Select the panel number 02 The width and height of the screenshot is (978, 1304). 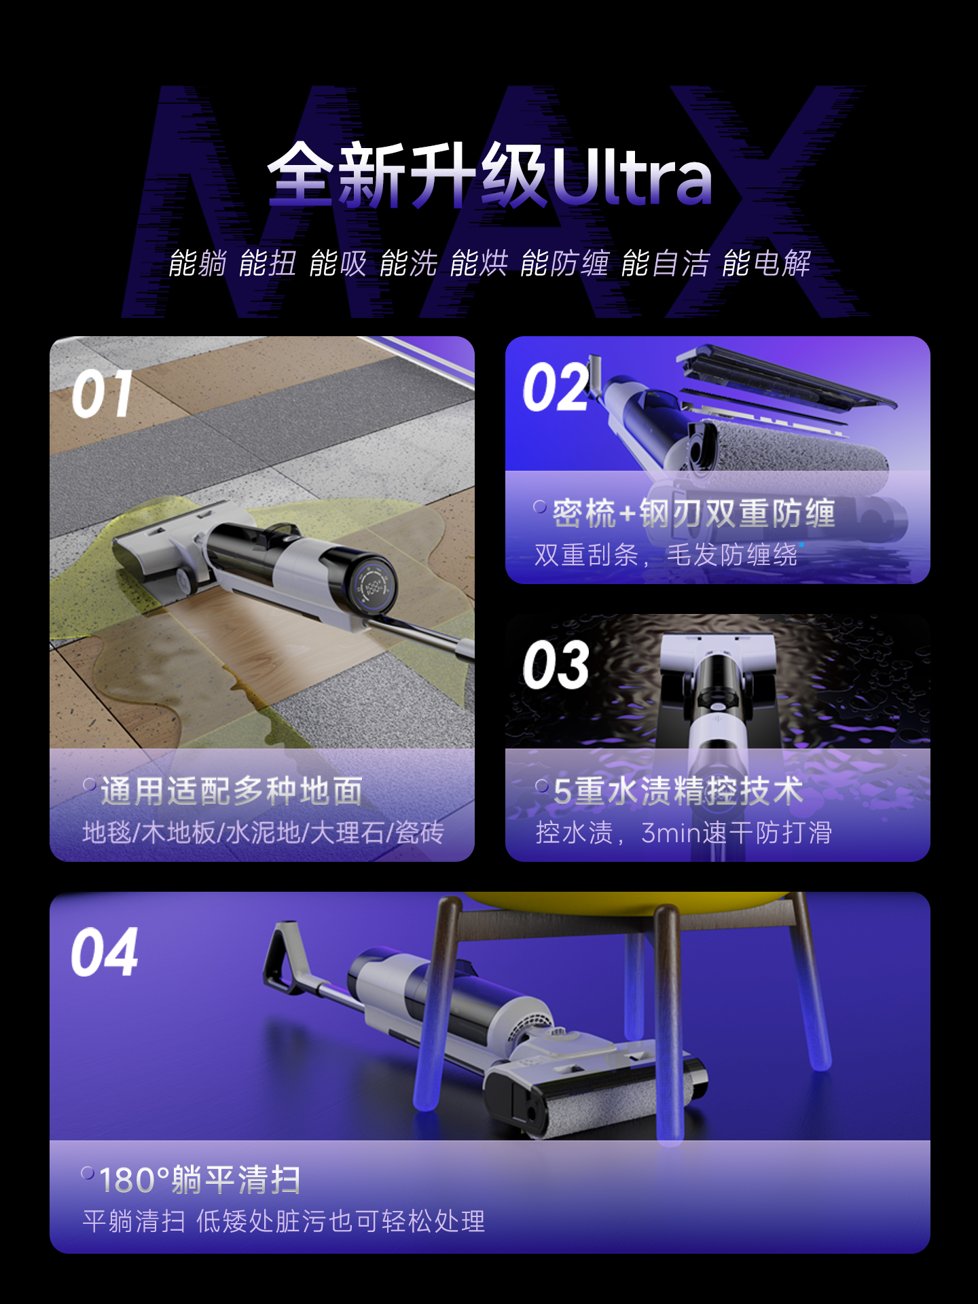556,387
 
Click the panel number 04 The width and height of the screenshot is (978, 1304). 104,952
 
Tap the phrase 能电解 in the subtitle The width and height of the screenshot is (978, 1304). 766,264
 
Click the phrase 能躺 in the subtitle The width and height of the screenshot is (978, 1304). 198,264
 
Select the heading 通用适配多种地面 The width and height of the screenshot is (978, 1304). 232,791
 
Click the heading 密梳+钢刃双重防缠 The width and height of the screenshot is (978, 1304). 693,513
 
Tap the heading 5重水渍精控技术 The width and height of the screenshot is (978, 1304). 678,791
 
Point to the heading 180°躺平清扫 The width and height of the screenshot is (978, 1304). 200,1180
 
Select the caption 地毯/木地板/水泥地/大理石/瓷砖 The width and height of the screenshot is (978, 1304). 263,833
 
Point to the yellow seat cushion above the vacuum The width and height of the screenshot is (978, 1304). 625,900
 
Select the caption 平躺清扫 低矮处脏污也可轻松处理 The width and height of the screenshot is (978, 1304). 283,1221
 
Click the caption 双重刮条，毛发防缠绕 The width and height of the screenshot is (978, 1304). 666,555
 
